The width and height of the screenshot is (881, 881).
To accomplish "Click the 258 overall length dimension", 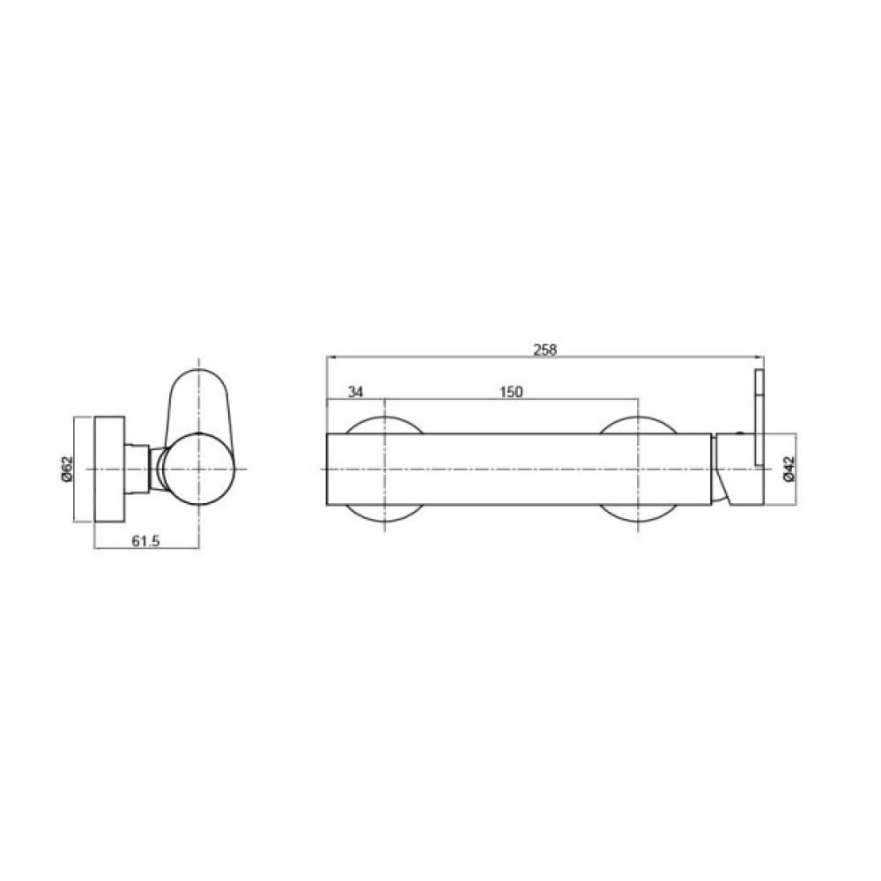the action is [x=544, y=350].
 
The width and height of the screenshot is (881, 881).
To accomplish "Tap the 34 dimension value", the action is [x=355, y=392].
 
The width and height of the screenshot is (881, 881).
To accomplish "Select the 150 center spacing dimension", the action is [x=511, y=392].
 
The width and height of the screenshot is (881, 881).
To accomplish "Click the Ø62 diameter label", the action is [x=67, y=469].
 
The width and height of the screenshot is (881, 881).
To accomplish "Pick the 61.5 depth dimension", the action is [x=145, y=541].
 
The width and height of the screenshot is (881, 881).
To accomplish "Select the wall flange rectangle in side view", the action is [x=109, y=470].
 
